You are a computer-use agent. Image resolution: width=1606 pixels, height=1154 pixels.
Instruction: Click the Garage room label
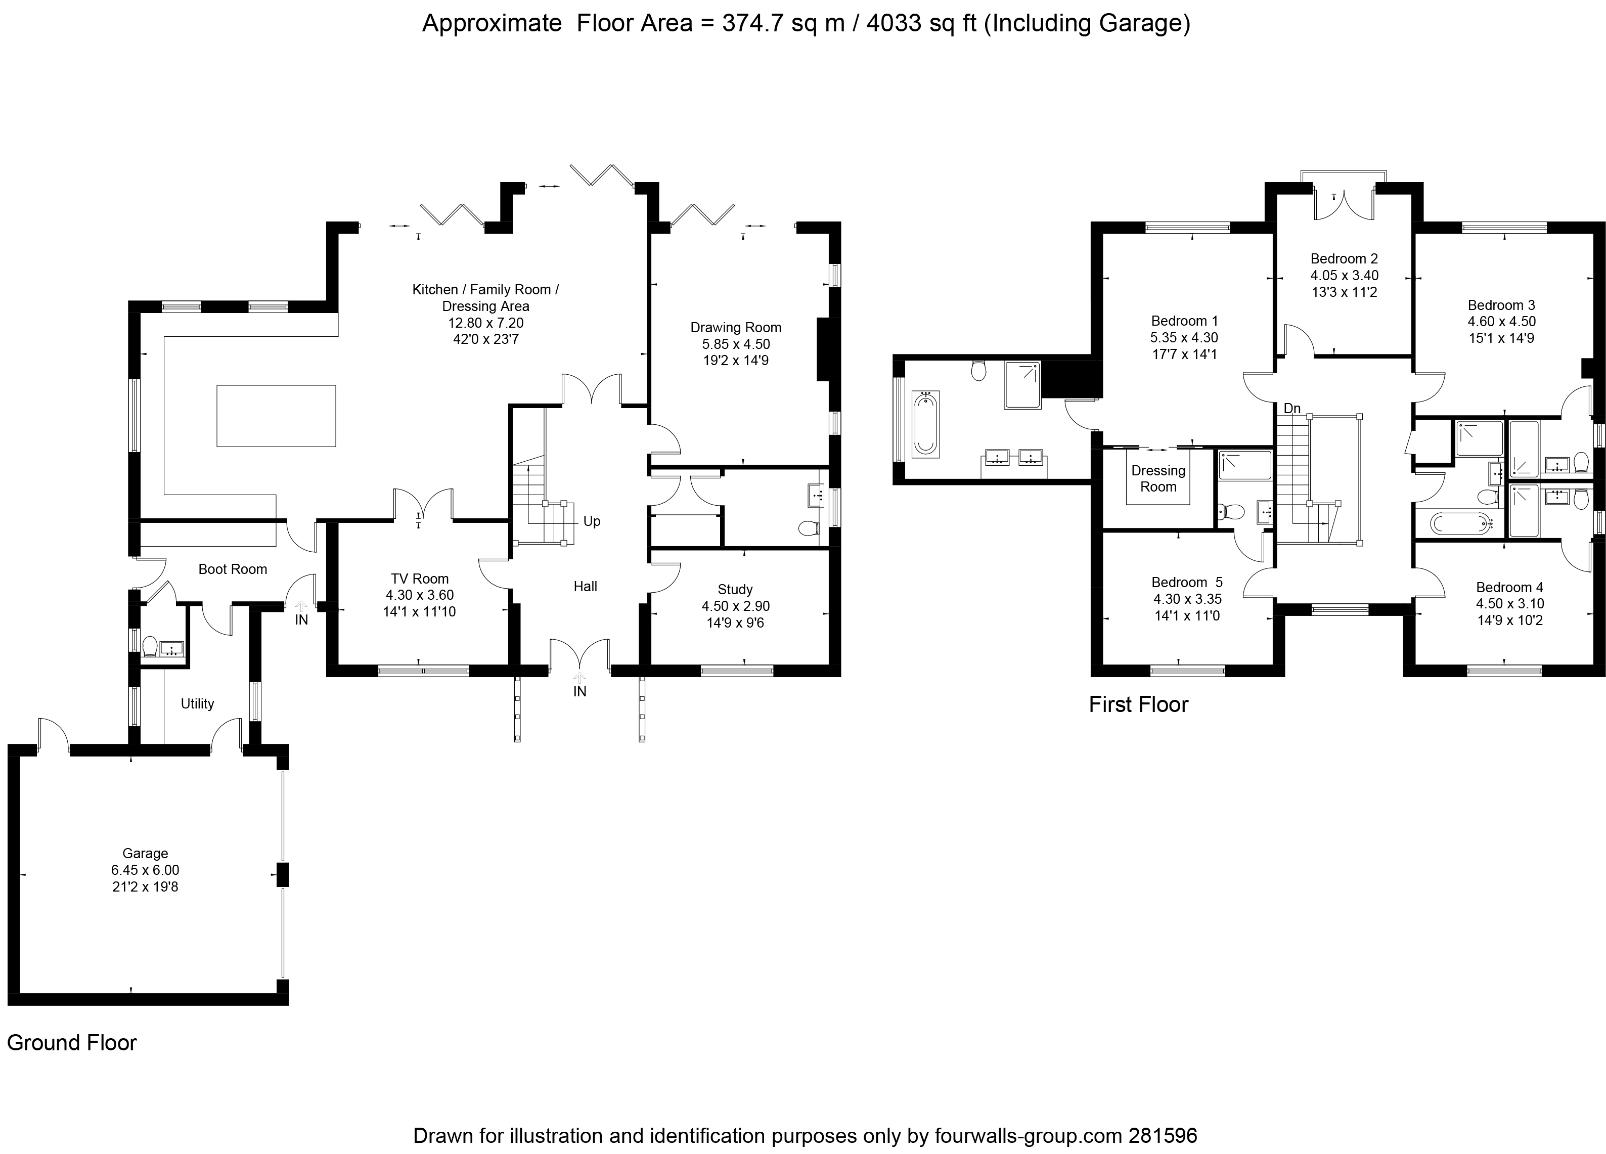tap(145, 853)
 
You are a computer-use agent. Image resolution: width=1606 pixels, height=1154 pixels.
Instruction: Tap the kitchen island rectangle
tap(276, 416)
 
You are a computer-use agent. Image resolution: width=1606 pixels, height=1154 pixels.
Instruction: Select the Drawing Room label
tap(736, 327)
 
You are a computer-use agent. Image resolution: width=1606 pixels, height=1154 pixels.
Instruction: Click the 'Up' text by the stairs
tap(592, 521)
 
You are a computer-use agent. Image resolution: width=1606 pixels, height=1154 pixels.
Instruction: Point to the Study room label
tap(735, 589)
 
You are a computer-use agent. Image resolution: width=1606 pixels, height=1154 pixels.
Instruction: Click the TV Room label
tap(420, 579)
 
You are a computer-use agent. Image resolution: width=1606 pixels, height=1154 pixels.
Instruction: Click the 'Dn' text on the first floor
tap(1292, 409)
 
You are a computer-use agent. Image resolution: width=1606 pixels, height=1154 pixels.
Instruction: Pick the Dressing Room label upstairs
tap(1158, 478)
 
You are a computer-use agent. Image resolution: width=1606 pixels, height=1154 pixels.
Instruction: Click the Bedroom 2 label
tap(1344, 258)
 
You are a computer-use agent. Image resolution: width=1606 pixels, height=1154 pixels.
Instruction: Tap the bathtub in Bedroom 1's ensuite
tap(925, 423)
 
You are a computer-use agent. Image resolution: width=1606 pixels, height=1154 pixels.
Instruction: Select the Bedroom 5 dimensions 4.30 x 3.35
tap(1187, 599)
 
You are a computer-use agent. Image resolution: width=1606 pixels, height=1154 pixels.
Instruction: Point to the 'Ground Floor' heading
tap(71, 1043)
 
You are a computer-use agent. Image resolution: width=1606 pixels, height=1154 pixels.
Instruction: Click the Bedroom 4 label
tap(1510, 587)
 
